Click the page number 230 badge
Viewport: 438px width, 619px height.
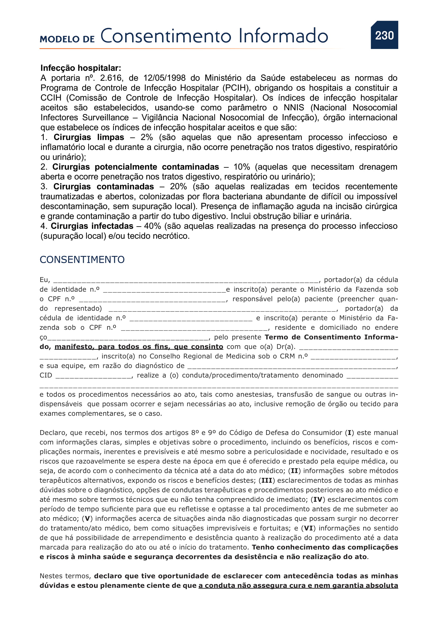(384, 35)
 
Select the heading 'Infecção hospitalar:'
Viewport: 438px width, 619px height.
(81, 68)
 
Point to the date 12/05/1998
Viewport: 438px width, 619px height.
(164, 78)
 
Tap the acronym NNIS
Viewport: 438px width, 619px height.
(294, 107)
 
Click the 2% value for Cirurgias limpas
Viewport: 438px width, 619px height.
(146, 137)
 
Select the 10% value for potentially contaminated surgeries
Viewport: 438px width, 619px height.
(242, 167)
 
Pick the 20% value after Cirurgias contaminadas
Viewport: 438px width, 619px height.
(178, 187)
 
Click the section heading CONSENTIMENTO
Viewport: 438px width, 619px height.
(82, 260)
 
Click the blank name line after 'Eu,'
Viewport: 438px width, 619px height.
(186, 280)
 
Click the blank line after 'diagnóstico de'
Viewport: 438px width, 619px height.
(291, 366)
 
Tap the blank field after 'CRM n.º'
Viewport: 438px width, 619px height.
(353, 357)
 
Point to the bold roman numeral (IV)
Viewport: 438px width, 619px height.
(318, 500)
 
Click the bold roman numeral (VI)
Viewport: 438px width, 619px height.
(309, 528)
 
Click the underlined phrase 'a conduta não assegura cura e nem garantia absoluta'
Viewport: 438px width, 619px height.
(298, 586)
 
